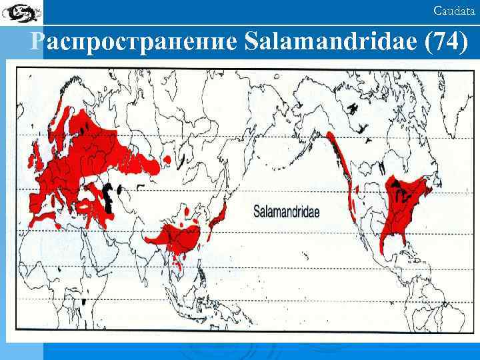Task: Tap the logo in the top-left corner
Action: pyautogui.click(x=21, y=11)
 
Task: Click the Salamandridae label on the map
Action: pyautogui.click(x=286, y=211)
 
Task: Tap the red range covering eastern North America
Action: pyautogui.click(x=407, y=207)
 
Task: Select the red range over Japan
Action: pyautogui.click(x=220, y=217)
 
